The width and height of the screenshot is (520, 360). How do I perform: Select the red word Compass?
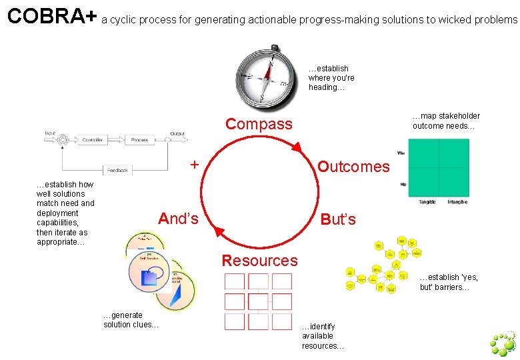click(x=259, y=124)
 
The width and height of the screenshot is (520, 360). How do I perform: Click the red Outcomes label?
click(x=353, y=167)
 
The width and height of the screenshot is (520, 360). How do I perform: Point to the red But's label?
click(x=338, y=219)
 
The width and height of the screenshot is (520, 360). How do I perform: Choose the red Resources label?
click(x=259, y=261)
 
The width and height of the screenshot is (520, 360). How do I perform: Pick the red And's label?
click(x=178, y=219)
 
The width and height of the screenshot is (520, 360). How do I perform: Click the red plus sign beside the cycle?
click(x=194, y=164)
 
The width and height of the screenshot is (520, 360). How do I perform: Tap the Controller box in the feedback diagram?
click(x=92, y=140)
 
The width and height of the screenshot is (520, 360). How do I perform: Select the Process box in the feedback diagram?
click(x=139, y=140)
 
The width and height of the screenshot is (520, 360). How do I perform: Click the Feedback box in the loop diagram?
click(x=117, y=171)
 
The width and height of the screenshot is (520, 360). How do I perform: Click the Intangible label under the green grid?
click(x=457, y=201)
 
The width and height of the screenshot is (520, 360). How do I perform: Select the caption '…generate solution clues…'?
click(x=131, y=320)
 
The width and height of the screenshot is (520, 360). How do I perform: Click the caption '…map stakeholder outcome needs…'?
click(x=446, y=121)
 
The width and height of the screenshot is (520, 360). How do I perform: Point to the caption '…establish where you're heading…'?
click(x=331, y=78)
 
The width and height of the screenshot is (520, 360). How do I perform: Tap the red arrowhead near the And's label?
click(x=221, y=231)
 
